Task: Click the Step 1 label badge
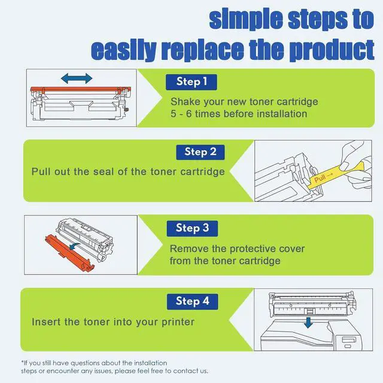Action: pos(192,81)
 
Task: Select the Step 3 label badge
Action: pos(192,227)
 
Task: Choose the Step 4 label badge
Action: pos(192,301)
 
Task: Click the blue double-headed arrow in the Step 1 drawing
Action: pos(76,78)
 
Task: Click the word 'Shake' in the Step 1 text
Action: pos(186,101)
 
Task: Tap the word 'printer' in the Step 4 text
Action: pos(178,322)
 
